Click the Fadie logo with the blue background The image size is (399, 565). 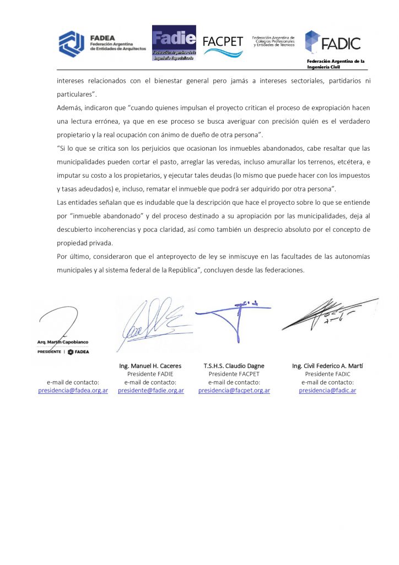pos(174,42)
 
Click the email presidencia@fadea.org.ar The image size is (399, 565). pos(73,390)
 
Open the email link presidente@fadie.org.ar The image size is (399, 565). pos(150,390)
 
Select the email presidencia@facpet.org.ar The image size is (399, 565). pos(234,390)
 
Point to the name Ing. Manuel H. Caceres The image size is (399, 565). pos(150,366)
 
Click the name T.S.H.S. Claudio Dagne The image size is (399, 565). pos(234,366)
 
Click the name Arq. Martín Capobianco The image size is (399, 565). pos(63,342)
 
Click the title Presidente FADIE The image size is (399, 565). pos(150,374)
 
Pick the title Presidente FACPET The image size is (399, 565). pos(234,374)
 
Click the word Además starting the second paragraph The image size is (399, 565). pos(70,108)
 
